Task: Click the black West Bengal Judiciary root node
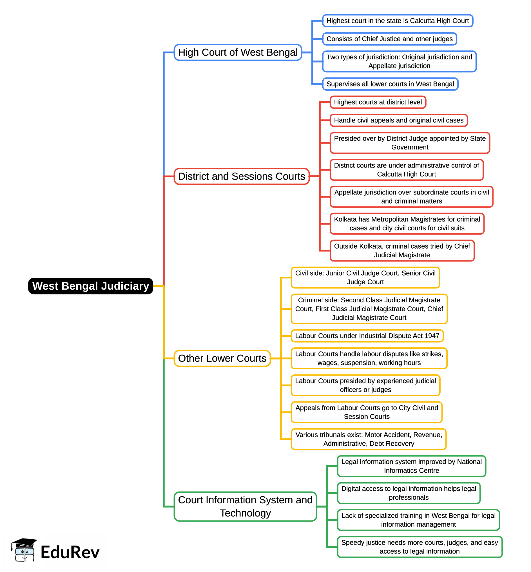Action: point(90,286)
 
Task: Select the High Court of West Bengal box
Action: point(238,52)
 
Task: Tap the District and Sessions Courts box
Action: point(242,176)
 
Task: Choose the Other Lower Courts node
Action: point(222,359)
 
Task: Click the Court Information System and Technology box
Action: point(246,506)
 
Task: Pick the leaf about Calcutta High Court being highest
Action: point(398,21)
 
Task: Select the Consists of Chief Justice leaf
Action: point(390,39)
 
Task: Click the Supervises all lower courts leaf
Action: point(390,84)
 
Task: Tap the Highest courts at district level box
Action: point(378,102)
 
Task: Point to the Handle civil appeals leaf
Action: point(399,120)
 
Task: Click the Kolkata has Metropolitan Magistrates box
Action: point(407,224)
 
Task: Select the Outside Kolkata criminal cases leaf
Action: point(402,251)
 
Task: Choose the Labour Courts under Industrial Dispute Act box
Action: point(367,336)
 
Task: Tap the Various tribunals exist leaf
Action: point(369,439)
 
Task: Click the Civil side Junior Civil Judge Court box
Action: point(365,278)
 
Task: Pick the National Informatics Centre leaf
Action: point(411,466)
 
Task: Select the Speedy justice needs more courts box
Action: point(420,547)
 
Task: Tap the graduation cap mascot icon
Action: point(24,550)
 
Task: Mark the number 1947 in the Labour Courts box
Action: point(432,336)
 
